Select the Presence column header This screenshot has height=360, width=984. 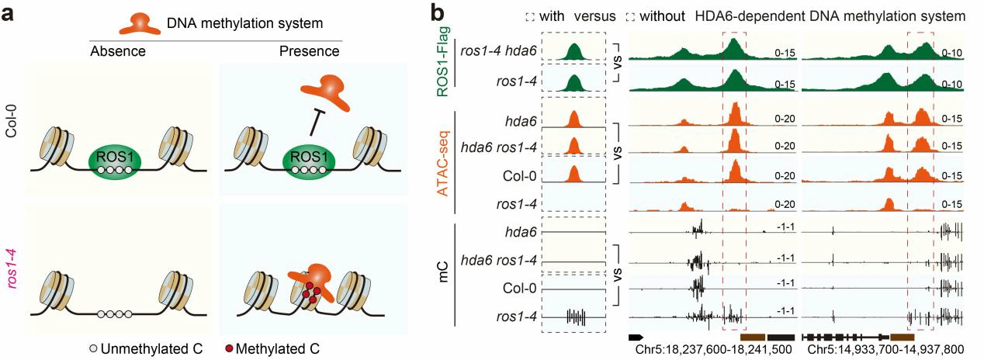coord(309,52)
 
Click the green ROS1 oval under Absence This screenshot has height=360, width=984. coord(115,155)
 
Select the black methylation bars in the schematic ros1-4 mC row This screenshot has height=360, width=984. coord(575,317)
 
